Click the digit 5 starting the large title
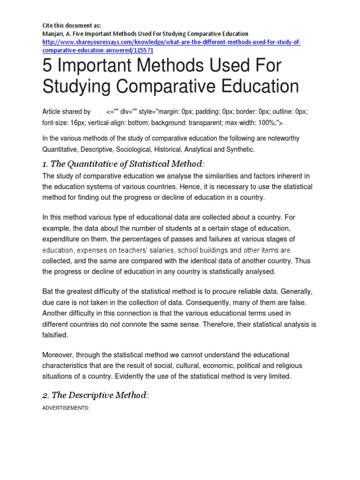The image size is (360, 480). coord(47,66)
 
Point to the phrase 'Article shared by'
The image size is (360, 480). coord(67,112)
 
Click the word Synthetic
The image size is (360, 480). coord(240,150)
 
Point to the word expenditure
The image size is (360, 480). coord(61,239)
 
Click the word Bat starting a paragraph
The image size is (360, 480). coord(49,291)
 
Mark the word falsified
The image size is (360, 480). coord(55,335)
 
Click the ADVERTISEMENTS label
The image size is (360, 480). coord(66,408)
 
